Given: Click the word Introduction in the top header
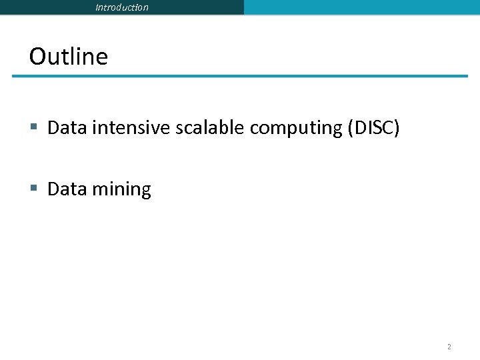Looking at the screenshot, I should tap(122, 7).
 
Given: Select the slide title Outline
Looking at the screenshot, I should tap(68, 56).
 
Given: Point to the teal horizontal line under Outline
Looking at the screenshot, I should tap(240, 76).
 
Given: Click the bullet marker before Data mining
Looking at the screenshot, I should tap(34, 189).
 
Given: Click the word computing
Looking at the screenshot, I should tap(297, 128).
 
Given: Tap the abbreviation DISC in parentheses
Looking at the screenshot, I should tap(374, 127).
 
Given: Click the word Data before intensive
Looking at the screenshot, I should tap(67, 127).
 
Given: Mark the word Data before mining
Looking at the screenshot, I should tap(67, 189).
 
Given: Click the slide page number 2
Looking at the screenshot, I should tap(449, 347).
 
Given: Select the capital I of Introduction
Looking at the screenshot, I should tap(97, 7).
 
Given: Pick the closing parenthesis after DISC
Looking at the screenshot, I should tap(397, 128).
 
